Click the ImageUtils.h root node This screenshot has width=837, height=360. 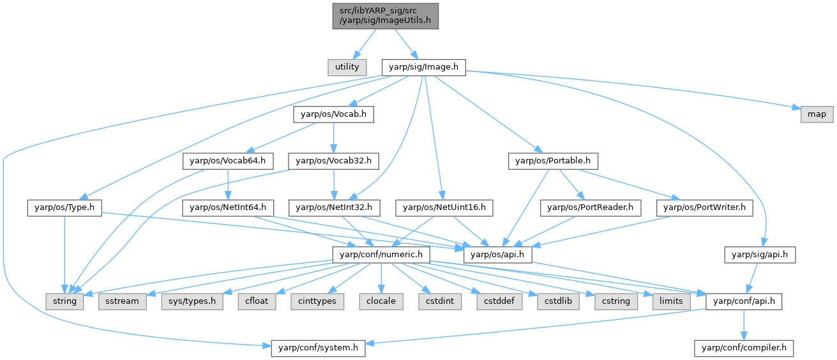pyautogui.click(x=385, y=15)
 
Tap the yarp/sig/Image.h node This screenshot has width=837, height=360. pyautogui.click(x=423, y=66)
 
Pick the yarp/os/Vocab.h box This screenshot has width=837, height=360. pyautogui.click(x=333, y=114)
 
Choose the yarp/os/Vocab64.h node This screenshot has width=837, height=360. pyautogui.click(x=220, y=161)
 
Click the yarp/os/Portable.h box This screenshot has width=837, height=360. pyautogui.click(x=553, y=161)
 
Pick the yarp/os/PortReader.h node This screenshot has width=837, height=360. pyautogui.click(x=590, y=207)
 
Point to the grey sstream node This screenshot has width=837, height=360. pyautogui.click(x=121, y=301)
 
